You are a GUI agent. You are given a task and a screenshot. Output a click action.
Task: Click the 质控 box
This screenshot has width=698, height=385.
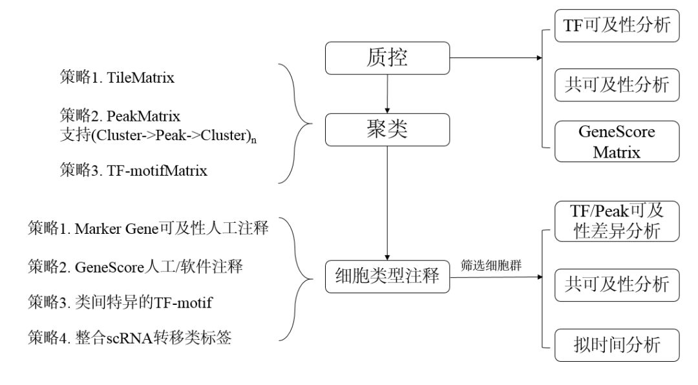pyautogui.click(x=386, y=59)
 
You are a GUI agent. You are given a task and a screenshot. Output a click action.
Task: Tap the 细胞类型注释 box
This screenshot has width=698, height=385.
pyautogui.click(x=386, y=278)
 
